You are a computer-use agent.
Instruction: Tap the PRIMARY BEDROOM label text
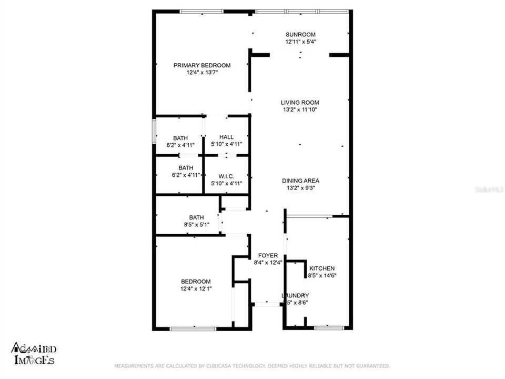click(202, 65)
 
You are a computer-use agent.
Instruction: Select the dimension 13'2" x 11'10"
click(299, 110)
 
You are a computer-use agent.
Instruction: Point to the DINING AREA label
click(300, 181)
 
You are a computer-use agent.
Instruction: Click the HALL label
click(226, 137)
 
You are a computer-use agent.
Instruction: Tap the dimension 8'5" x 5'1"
click(196, 225)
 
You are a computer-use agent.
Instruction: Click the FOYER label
click(268, 255)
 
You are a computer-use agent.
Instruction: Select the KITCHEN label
click(322, 268)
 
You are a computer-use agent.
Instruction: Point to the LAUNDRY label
click(295, 295)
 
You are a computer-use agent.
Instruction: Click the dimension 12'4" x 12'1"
click(196, 288)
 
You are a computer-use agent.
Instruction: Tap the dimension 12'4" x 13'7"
click(202, 73)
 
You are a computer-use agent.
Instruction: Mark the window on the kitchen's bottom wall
click(329, 328)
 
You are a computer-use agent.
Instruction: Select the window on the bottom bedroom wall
click(193, 328)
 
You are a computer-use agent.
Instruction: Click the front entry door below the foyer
click(267, 304)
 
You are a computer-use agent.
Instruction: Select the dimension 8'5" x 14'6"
click(322, 275)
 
